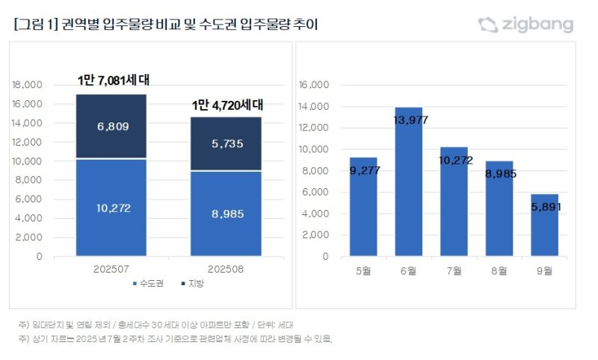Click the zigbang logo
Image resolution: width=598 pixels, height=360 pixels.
click(525, 25)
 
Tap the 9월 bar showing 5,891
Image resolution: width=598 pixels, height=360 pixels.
click(544, 225)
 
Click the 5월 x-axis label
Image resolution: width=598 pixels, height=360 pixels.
click(363, 270)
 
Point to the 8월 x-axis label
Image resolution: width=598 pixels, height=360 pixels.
click(499, 270)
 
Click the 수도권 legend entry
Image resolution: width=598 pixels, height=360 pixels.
click(147, 284)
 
